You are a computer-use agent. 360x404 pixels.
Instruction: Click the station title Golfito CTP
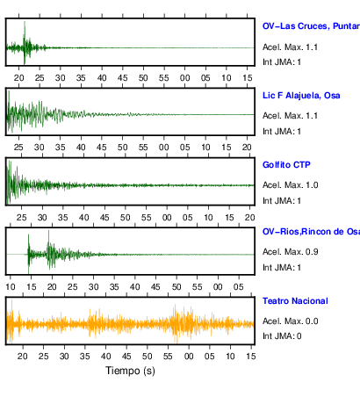tap(286, 165)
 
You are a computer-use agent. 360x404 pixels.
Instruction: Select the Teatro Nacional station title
tap(295, 301)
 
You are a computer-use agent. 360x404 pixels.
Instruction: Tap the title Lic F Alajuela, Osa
tap(301, 96)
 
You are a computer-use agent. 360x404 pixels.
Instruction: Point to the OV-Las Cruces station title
tap(311, 26)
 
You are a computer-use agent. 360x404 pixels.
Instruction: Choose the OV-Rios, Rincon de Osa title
tap(311, 232)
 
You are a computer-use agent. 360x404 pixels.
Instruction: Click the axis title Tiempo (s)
tap(130, 371)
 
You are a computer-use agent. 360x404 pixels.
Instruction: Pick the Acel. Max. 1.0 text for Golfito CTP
tap(290, 185)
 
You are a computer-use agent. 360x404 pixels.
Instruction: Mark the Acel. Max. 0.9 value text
tap(290, 252)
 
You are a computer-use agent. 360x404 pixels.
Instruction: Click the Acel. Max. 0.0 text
tap(290, 321)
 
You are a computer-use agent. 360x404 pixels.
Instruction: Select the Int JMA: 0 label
tap(282, 335)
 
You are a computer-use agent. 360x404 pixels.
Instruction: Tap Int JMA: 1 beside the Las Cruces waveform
tap(282, 62)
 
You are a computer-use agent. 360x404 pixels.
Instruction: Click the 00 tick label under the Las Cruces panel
tap(184, 78)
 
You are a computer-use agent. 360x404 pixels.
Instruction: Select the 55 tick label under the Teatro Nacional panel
tap(168, 357)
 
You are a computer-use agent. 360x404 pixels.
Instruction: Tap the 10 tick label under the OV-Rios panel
tap(11, 287)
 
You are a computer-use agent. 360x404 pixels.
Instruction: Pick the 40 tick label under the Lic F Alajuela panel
tap(81, 148)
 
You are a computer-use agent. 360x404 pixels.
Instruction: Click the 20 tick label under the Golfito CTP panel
tap(249, 218)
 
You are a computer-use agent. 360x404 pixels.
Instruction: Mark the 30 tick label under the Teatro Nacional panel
tap(64, 357)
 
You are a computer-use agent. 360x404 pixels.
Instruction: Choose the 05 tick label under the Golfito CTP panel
tap(188, 218)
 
